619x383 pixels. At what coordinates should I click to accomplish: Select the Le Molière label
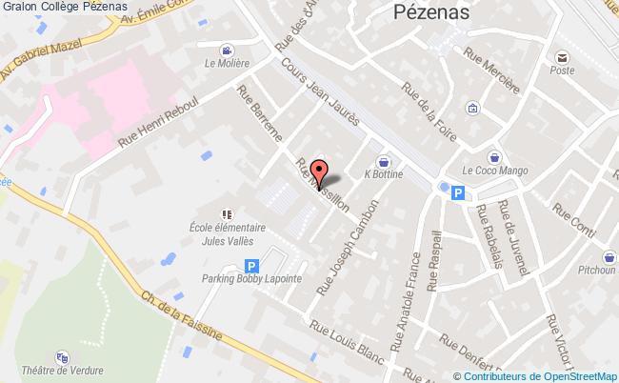[227, 64]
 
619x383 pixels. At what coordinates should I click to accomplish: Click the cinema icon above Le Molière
[227, 50]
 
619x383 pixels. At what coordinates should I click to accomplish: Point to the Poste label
[562, 70]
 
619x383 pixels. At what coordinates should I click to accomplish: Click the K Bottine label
[384, 174]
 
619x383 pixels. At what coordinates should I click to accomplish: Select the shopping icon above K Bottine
[383, 161]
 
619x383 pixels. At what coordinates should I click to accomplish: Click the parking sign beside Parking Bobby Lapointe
[251, 266]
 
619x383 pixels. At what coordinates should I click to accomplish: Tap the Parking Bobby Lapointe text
[251, 279]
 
